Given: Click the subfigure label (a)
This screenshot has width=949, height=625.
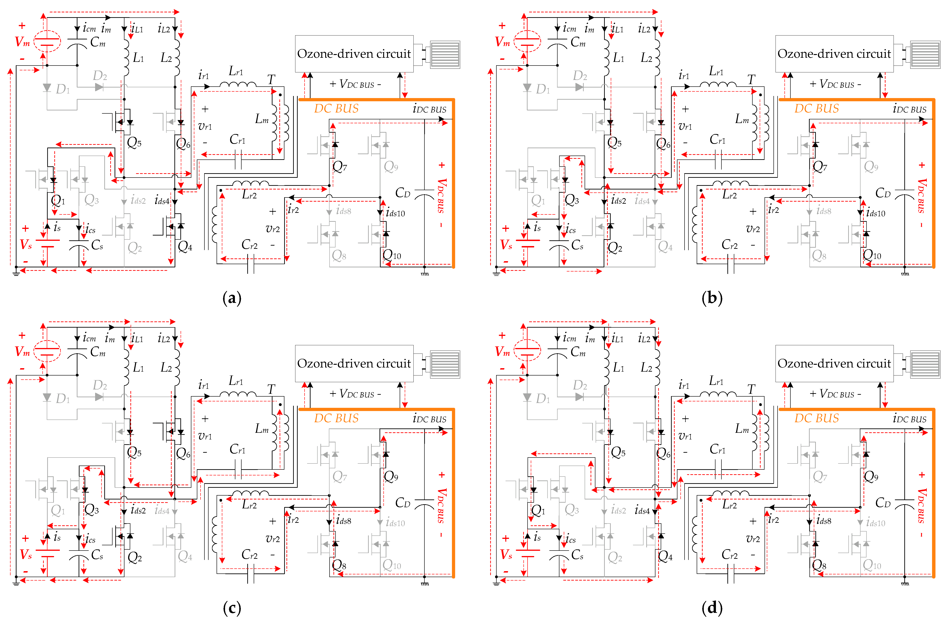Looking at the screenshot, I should click(x=232, y=298).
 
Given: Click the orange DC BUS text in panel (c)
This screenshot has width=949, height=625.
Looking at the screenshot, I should click(x=336, y=418).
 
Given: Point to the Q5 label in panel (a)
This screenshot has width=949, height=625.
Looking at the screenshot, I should click(x=134, y=143).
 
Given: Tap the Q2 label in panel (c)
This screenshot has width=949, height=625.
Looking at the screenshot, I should click(x=134, y=557).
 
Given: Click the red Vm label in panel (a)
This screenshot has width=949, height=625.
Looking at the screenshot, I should click(x=22, y=41).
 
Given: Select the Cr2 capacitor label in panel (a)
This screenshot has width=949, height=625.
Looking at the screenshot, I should click(x=249, y=245).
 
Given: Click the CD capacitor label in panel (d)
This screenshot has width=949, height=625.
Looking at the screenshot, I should click(x=882, y=503).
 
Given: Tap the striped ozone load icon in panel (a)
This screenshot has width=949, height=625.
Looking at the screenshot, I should click(x=445, y=55).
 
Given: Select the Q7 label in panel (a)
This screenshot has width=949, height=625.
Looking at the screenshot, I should click(x=340, y=167).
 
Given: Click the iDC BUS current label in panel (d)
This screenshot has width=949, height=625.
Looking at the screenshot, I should click(x=909, y=419).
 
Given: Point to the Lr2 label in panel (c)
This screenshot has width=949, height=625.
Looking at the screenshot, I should click(x=249, y=505).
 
